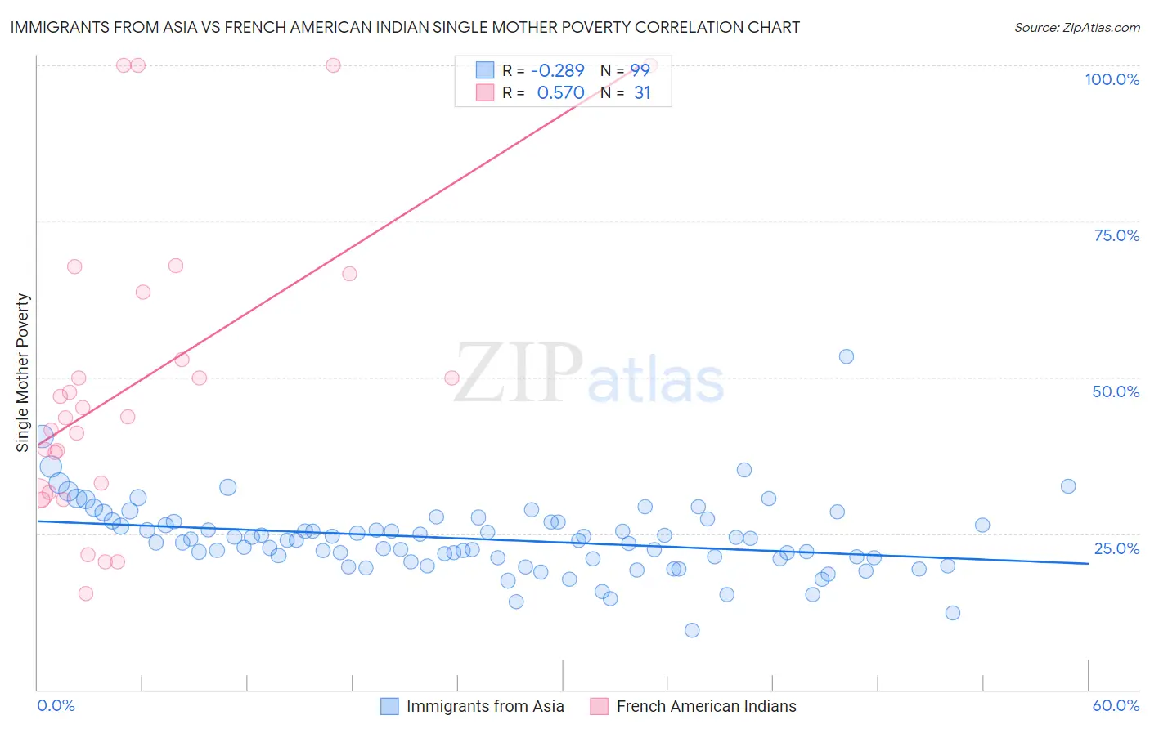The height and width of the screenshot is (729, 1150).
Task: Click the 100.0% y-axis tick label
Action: point(1112,79)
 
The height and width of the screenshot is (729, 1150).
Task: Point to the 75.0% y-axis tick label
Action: point(1116,235)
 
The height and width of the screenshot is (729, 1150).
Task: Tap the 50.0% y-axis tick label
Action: point(1116,391)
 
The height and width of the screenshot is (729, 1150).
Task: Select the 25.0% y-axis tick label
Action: point(1116,548)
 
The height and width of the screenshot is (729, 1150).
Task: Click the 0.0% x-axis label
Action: point(56,705)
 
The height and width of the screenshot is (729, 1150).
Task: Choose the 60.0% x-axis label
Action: point(1116,705)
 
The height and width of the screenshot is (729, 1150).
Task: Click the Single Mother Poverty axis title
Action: point(23,373)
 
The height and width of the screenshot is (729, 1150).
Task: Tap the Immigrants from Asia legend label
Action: point(485,706)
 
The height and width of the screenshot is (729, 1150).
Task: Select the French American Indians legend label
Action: point(706,706)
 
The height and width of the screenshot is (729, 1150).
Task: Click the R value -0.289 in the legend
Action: point(558,71)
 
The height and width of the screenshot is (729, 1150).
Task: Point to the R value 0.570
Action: point(560,93)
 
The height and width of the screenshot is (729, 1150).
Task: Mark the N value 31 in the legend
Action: point(642,93)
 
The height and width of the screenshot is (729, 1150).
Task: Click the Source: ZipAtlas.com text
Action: point(1076,27)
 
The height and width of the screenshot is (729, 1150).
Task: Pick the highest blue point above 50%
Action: point(847,356)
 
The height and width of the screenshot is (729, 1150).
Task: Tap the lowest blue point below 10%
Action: point(692,630)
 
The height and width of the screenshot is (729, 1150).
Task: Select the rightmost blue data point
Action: point(1068,486)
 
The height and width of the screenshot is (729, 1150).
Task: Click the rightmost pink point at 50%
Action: point(451,378)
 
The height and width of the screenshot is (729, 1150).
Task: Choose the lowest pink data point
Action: point(86,593)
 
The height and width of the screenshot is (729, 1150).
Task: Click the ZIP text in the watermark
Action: point(518,373)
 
